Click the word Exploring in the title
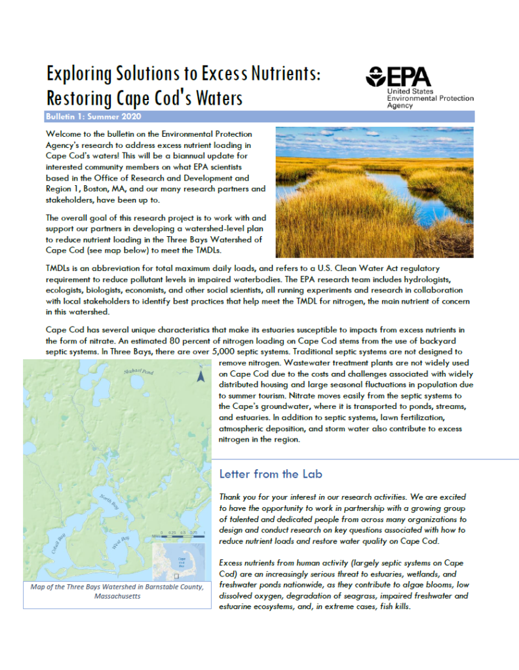75,74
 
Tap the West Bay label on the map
121,542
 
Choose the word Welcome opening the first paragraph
64,134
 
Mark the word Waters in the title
215,97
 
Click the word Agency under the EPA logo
400,105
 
